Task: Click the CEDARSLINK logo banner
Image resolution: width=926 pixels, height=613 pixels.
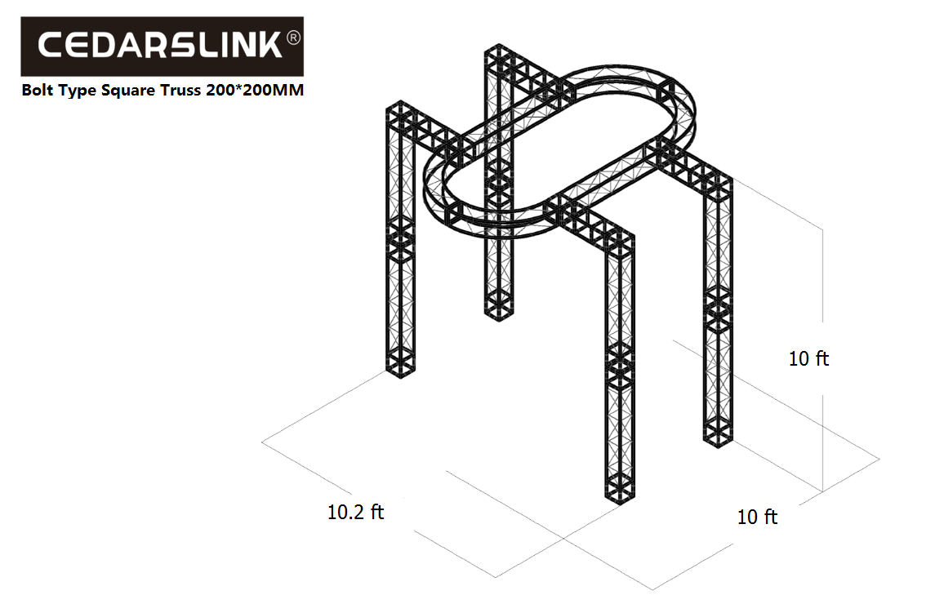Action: pos(162,46)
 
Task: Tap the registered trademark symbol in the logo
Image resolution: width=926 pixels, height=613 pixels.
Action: pos(293,38)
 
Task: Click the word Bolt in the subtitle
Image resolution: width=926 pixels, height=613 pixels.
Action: pos(38,90)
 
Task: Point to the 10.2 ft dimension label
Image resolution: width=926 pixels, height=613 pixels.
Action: pos(355,512)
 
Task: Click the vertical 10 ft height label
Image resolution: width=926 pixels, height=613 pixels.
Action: pos(808,358)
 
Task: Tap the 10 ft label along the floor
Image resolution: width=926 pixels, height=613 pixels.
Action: pos(757,517)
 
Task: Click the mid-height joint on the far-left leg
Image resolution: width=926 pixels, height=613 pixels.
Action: pos(400,240)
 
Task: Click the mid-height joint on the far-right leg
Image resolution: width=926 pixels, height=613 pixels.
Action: pos(718,307)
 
